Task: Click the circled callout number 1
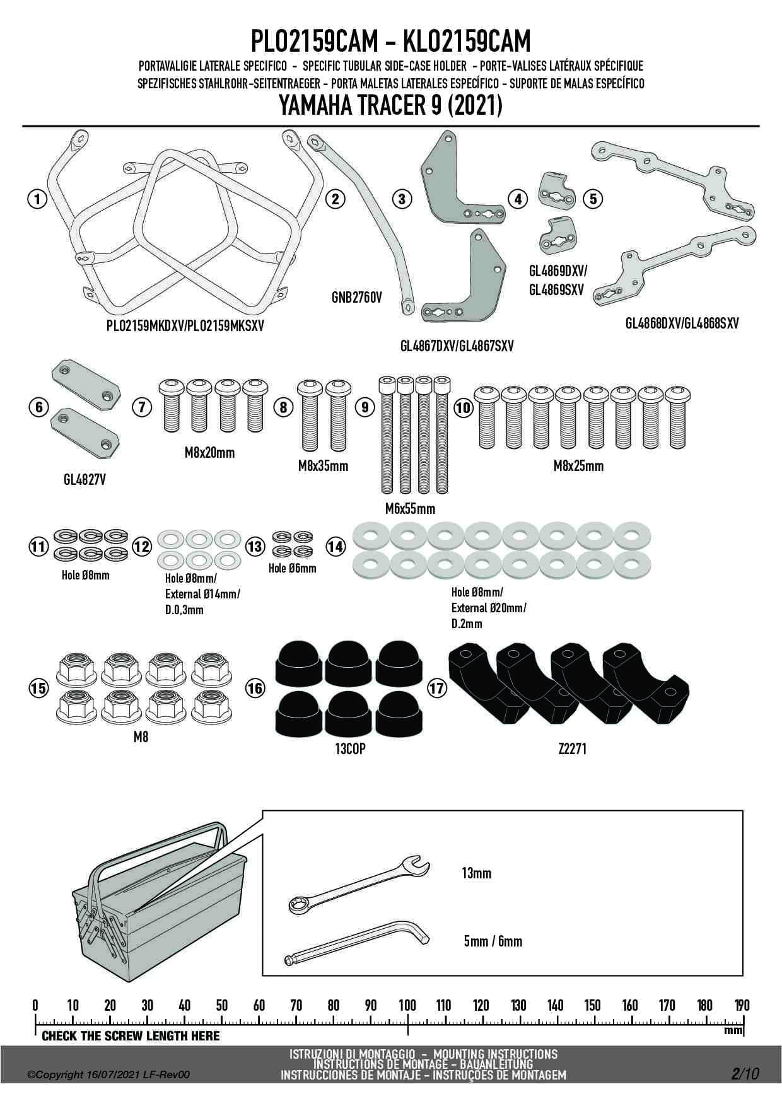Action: pos(38,199)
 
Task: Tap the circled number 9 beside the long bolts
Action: pos(365,407)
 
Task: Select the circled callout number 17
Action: pos(436,687)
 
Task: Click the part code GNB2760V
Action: pos(356,297)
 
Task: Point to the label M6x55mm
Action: pos(410,509)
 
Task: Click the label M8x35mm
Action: pos(323,466)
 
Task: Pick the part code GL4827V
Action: pos(85,480)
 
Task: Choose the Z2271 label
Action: pos(572,749)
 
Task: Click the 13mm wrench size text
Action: pos(476,873)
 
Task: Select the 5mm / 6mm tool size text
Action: pos(493,941)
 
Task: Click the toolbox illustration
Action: pos(158,895)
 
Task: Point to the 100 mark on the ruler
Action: pos(407,1005)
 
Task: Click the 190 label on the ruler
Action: pos(742,1005)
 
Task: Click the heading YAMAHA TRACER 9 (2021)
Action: pos(390,105)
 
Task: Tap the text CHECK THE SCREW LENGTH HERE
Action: pos(131,1036)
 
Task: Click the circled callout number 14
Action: pos(336,547)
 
